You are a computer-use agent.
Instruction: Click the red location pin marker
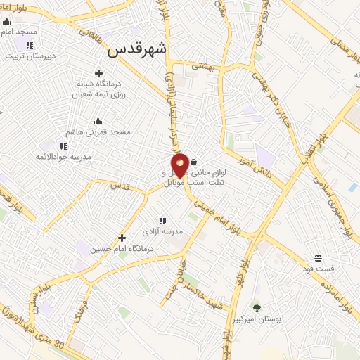point(181,165)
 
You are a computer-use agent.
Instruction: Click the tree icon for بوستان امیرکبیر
point(256,307)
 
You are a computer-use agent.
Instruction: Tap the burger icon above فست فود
point(318,258)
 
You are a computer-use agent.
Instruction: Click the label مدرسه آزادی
point(162,231)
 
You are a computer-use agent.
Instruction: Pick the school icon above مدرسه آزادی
point(162,220)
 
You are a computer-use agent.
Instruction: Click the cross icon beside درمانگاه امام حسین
point(122,238)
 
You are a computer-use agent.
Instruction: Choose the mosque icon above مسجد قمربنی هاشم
point(97,121)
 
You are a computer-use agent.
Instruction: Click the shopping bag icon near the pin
point(193,162)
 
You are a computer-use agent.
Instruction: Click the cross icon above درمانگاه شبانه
point(98,73)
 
